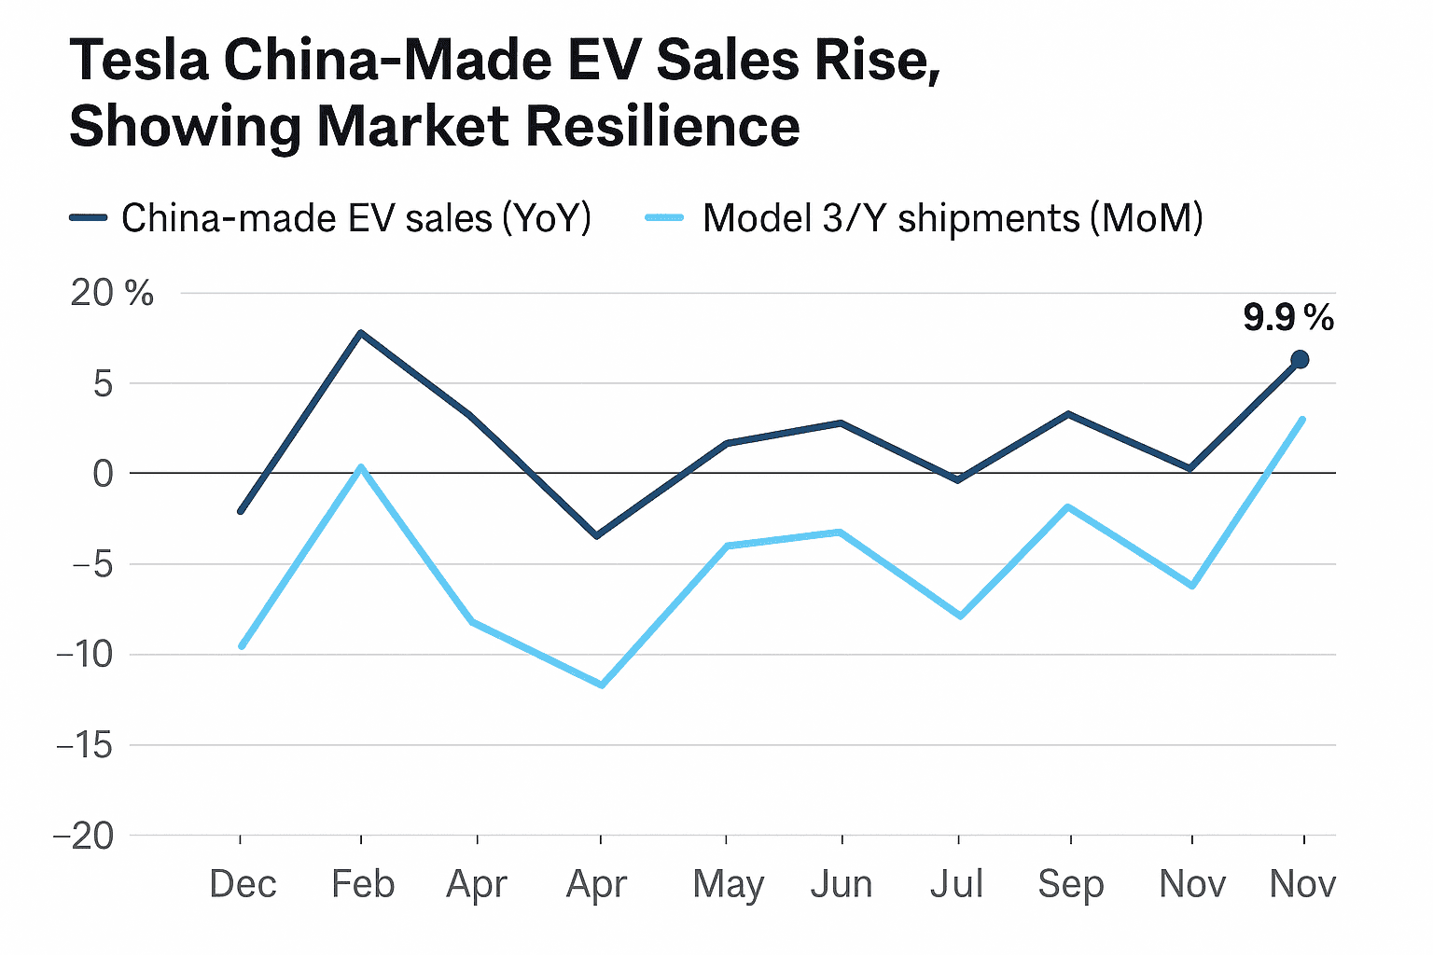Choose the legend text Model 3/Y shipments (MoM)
pos(953,218)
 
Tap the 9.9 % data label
pos(1288,319)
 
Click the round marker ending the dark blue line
pos(1300,359)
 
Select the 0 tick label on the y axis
pos(103,474)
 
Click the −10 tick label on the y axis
pos(86,655)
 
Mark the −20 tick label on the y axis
pos(85,836)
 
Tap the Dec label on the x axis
pos(243,884)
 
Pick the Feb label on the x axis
pos(363,884)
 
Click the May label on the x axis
pos(728,885)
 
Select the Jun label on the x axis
pos(842,884)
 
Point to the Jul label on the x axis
pos(957,884)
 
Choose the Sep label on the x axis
pos(1071,884)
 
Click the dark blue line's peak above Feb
pos(361,333)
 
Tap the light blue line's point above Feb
pos(361,467)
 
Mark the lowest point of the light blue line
pos(602,685)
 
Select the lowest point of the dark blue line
pos(597,535)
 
